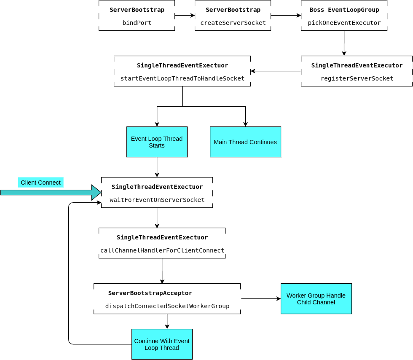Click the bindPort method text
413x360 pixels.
[137, 23]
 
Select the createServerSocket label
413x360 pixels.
[233, 23]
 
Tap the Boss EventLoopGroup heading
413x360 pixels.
[344, 10]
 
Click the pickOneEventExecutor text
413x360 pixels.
[344, 23]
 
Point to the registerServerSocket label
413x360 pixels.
[357, 78]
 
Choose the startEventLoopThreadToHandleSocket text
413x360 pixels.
[182, 78]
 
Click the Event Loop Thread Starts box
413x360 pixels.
[157, 142]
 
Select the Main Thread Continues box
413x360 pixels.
[245, 142]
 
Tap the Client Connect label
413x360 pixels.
[40, 183]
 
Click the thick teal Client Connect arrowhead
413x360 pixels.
[97, 193]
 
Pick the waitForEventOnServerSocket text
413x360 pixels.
[157, 200]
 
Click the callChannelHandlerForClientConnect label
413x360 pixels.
[162, 250]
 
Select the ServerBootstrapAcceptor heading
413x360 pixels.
[150, 293]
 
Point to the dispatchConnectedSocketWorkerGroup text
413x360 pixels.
[167, 306]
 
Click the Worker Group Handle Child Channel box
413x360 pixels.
[316, 299]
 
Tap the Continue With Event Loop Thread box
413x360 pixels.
[162, 344]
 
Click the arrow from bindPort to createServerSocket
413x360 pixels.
[185, 16]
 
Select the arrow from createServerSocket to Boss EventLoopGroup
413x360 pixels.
[286, 16]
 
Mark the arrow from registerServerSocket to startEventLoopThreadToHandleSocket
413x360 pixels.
[276, 71]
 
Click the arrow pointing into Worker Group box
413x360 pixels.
[261, 299]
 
